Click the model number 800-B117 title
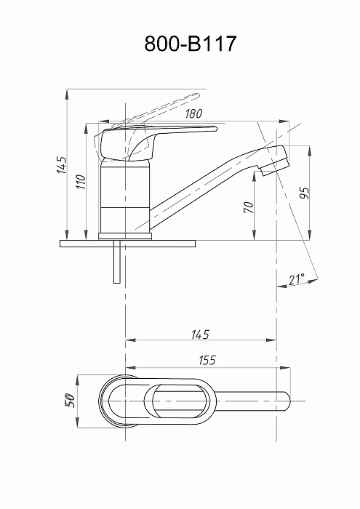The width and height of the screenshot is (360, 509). pos(191,44)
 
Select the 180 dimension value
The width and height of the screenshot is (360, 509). pos(193,113)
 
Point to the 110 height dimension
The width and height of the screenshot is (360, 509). pos(81,182)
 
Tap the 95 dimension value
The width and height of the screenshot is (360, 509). pos(305,193)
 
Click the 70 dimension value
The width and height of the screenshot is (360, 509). pos(249,207)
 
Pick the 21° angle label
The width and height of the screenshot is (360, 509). pos(297,278)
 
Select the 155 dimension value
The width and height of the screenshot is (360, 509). pos(207,360)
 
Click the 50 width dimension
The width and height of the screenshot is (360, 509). pos(70,401)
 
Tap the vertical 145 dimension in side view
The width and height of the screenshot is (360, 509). pos(62,165)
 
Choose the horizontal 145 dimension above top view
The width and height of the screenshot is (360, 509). pos(200,334)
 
